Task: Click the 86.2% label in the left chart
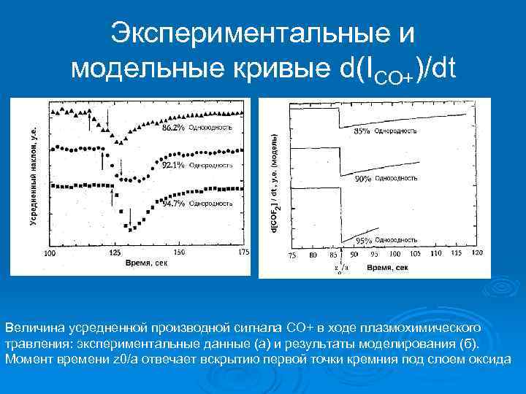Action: tap(173, 128)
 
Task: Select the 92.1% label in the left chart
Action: tap(173, 166)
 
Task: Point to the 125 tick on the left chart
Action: tap(115, 252)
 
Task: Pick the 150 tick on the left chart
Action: tap(179, 252)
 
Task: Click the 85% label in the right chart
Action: tap(362, 131)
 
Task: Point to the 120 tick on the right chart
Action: tap(478, 255)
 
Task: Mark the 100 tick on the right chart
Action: tap(395, 255)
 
